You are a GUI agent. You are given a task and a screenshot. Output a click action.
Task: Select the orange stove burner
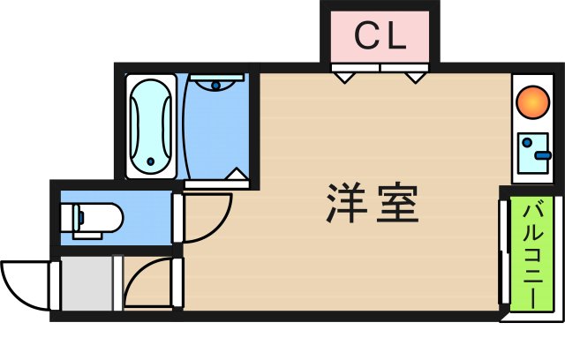(x=531, y=100)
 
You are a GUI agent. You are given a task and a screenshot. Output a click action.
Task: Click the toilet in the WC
(x=92, y=216)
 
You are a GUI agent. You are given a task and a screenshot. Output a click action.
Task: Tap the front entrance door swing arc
(x=26, y=284)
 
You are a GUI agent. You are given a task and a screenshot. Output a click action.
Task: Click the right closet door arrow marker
(x=415, y=78)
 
